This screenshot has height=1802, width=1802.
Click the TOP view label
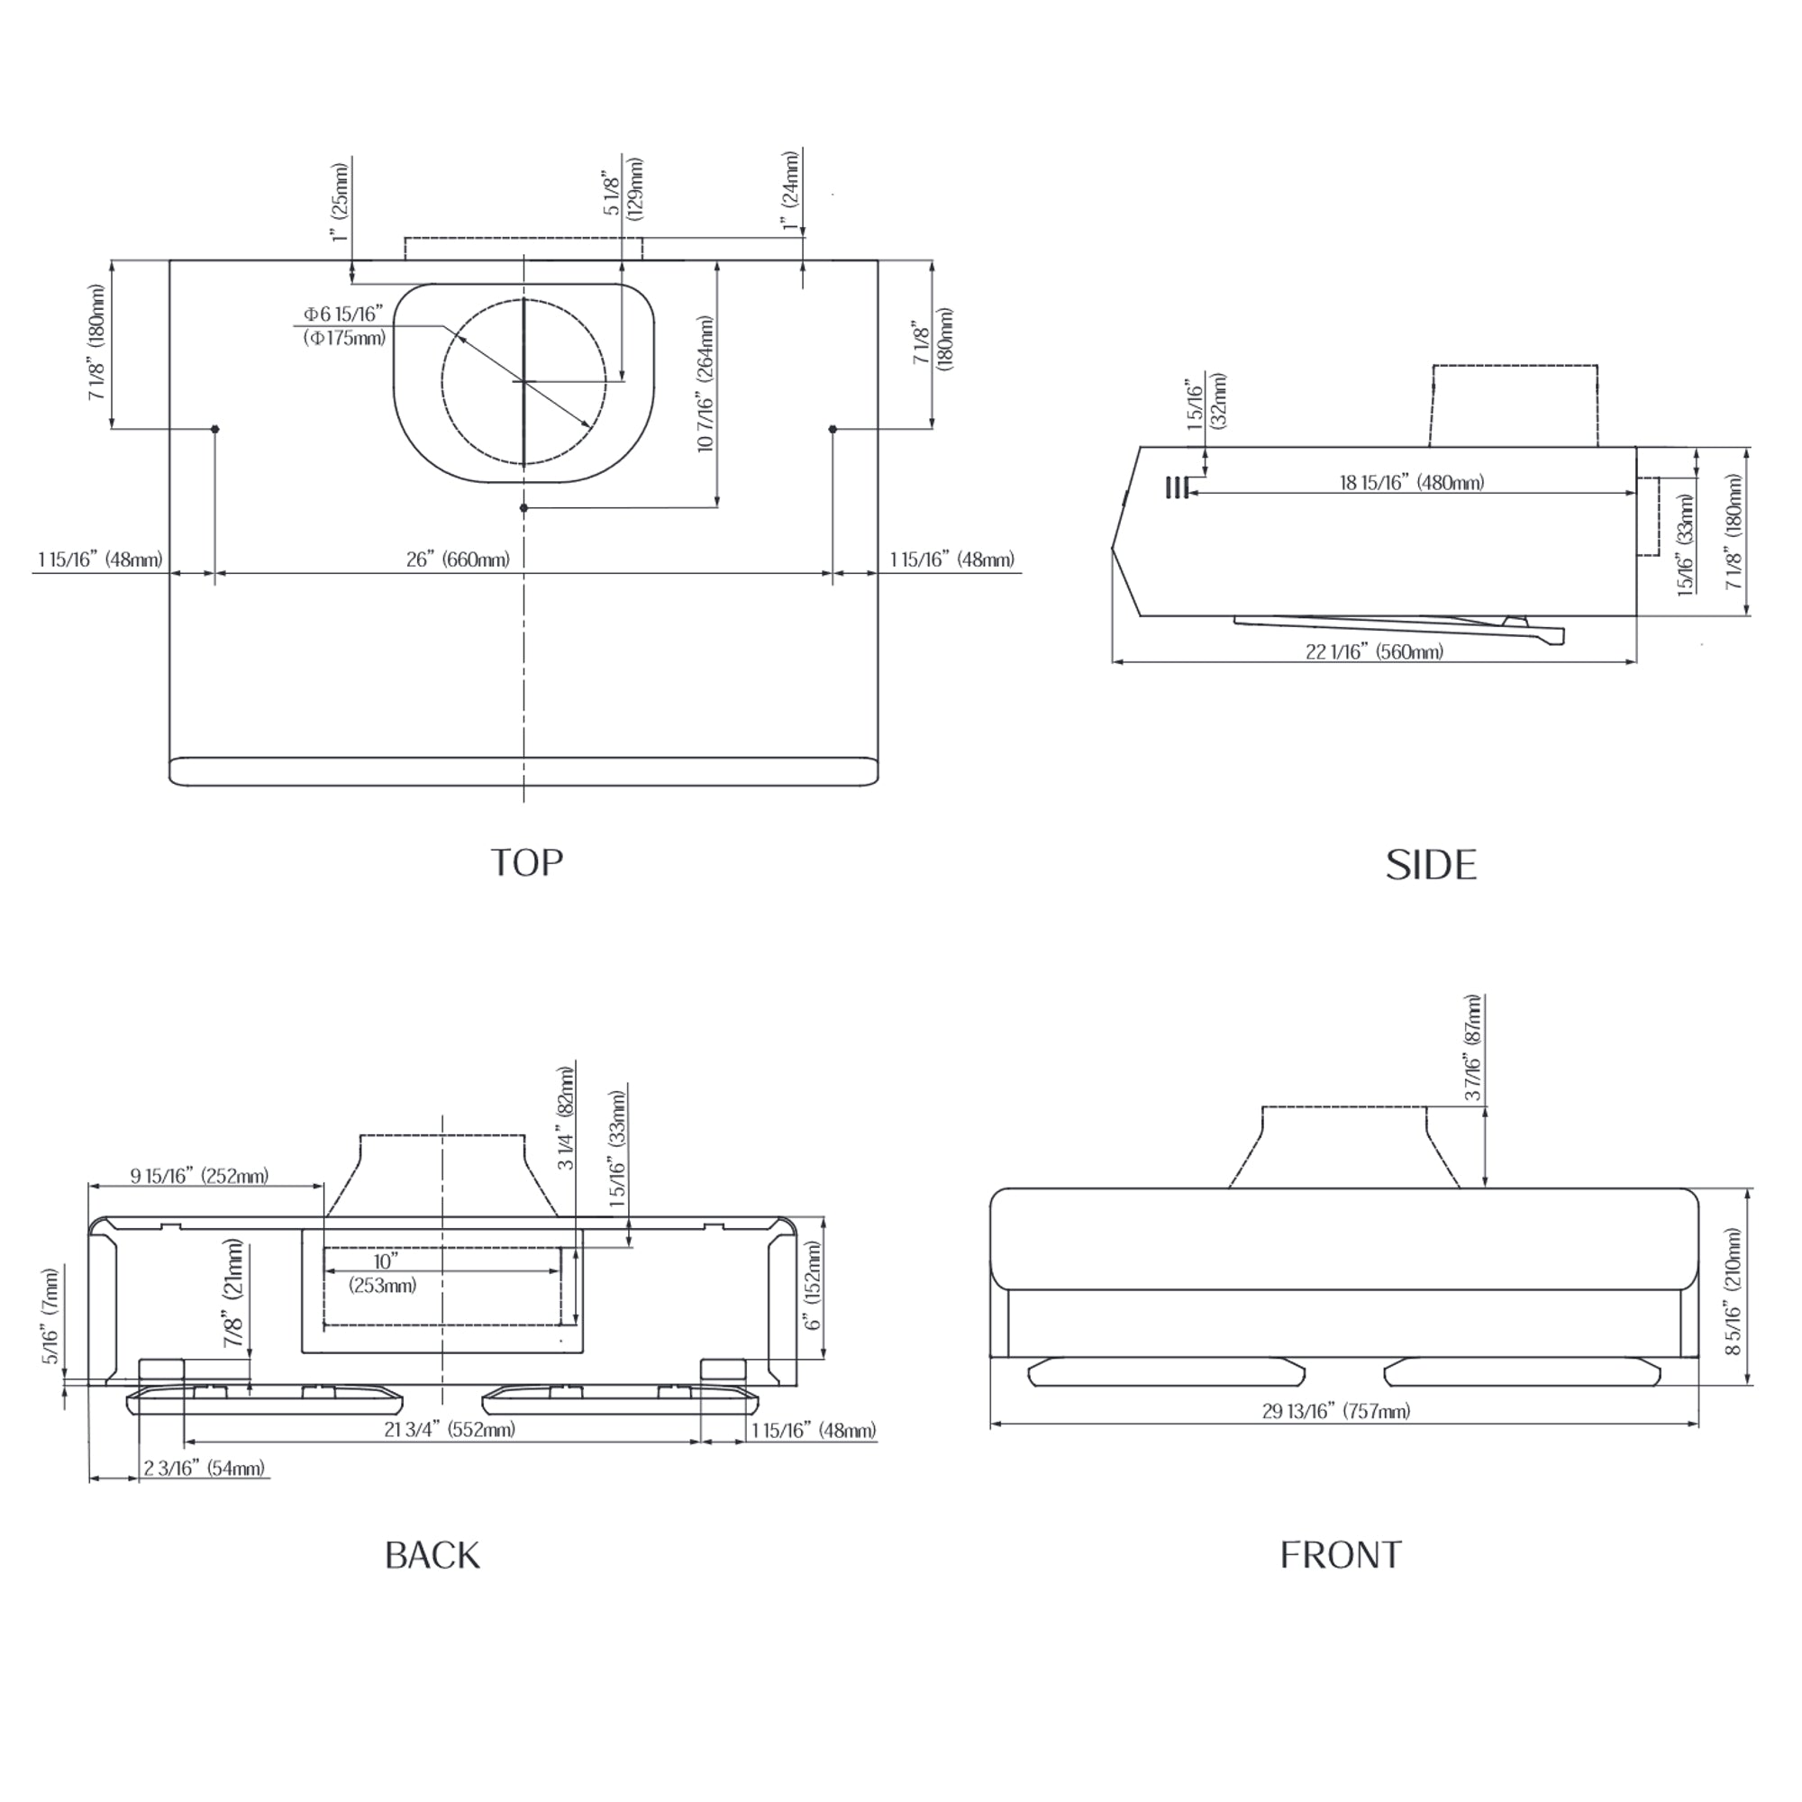pyautogui.click(x=527, y=863)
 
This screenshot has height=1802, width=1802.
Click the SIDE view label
pyautogui.click(x=1431, y=866)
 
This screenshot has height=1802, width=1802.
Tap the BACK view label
pyautogui.click(x=432, y=1555)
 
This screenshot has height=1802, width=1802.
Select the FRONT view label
pyautogui.click(x=1341, y=1555)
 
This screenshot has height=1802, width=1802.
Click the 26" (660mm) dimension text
pyautogui.click(x=458, y=560)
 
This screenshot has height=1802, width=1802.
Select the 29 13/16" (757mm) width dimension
pyautogui.click(x=1335, y=1411)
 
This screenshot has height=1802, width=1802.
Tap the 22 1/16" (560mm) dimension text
pyautogui.click(x=1374, y=652)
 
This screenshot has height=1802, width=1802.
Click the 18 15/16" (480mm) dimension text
pyautogui.click(x=1411, y=482)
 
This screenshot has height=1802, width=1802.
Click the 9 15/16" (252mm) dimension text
pyautogui.click(x=200, y=1175)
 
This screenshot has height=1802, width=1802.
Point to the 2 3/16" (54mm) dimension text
pyautogui.click(x=205, y=1468)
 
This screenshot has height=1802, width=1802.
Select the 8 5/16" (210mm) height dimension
pyautogui.click(x=1733, y=1292)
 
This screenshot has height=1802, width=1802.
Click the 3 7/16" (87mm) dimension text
pyautogui.click(x=1473, y=1048)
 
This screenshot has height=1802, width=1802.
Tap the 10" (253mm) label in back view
pyautogui.click(x=383, y=1273)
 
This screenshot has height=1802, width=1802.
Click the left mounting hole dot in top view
pyautogui.click(x=215, y=429)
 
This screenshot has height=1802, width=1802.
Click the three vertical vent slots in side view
pyautogui.click(x=1176, y=487)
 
